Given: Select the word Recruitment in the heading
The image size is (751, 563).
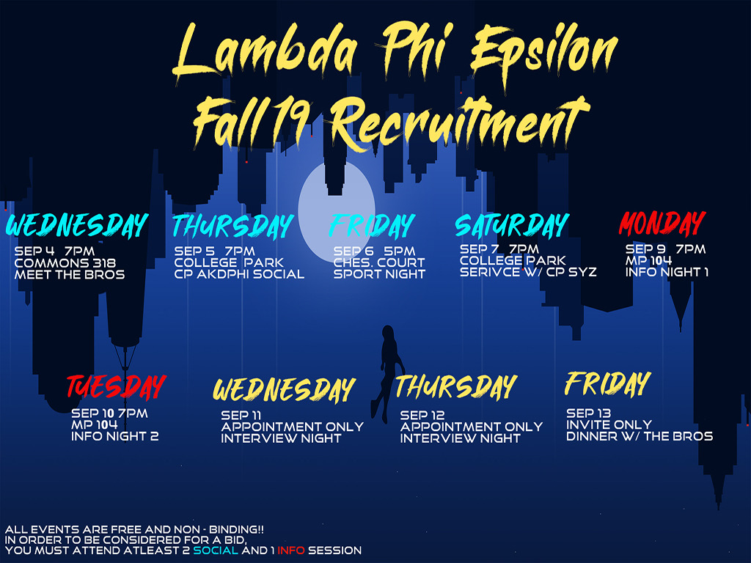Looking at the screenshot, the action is (x=460, y=122).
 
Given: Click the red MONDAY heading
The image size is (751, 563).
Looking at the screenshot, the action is (x=662, y=224).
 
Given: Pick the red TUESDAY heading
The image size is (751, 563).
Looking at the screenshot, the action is (x=117, y=387).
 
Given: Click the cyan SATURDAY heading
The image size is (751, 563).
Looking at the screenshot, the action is (x=512, y=226).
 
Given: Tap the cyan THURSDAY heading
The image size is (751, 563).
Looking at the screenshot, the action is (x=232, y=226).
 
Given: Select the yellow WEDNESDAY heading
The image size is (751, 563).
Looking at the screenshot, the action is (x=284, y=389).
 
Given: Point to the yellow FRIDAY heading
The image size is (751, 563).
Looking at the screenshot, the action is (x=608, y=383).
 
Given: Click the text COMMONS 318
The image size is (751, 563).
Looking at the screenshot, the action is (x=65, y=263).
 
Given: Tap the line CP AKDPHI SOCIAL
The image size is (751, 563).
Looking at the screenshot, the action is (x=239, y=274).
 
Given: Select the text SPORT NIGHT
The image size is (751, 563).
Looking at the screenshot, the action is (x=379, y=274).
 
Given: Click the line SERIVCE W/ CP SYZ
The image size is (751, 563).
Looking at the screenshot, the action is (x=528, y=272).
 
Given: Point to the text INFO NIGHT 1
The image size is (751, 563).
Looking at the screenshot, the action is (x=667, y=272).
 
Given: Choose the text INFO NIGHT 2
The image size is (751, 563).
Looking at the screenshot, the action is (x=115, y=436).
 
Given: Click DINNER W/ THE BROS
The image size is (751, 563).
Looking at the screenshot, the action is (x=640, y=436).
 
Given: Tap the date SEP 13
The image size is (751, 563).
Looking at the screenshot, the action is (x=589, y=413).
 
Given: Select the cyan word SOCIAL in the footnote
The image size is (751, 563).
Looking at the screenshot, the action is (x=216, y=551).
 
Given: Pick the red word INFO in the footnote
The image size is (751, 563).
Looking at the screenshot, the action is (x=290, y=551).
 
